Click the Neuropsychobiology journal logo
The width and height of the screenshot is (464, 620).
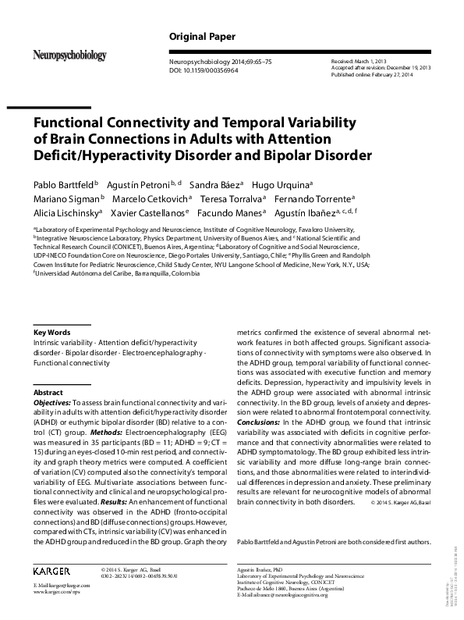click(69, 55)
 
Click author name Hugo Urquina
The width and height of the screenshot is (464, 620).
click(287, 185)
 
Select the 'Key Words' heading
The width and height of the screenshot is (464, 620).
click(51, 332)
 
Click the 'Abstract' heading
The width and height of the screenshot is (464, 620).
click(48, 392)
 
